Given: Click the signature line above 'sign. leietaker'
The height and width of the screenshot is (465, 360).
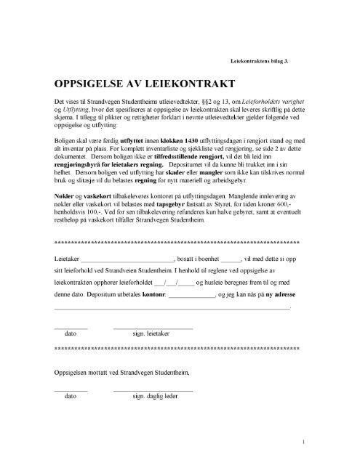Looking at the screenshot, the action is [153, 328].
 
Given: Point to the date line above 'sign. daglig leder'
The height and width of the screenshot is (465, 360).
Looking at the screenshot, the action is [71, 390].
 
